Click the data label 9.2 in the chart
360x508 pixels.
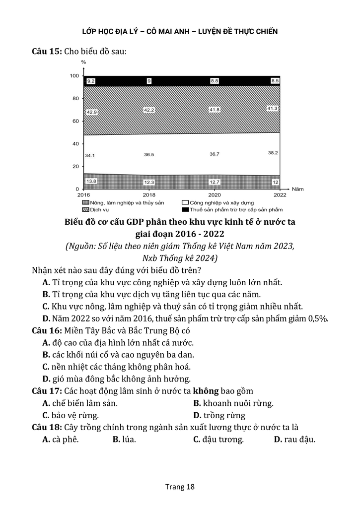tap(91, 81)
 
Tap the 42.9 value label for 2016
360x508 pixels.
tap(91, 113)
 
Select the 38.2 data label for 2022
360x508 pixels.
tap(273, 153)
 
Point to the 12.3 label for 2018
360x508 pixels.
tap(149, 183)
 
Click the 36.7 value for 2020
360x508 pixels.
tap(215, 154)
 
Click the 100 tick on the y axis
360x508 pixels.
tap(74, 76)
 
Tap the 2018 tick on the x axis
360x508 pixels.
tap(148, 195)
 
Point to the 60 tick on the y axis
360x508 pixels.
tap(75, 121)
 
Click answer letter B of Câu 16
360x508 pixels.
tap(46, 355)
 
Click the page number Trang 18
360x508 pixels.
tap(180, 487)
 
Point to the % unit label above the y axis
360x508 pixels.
tap(83, 62)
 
